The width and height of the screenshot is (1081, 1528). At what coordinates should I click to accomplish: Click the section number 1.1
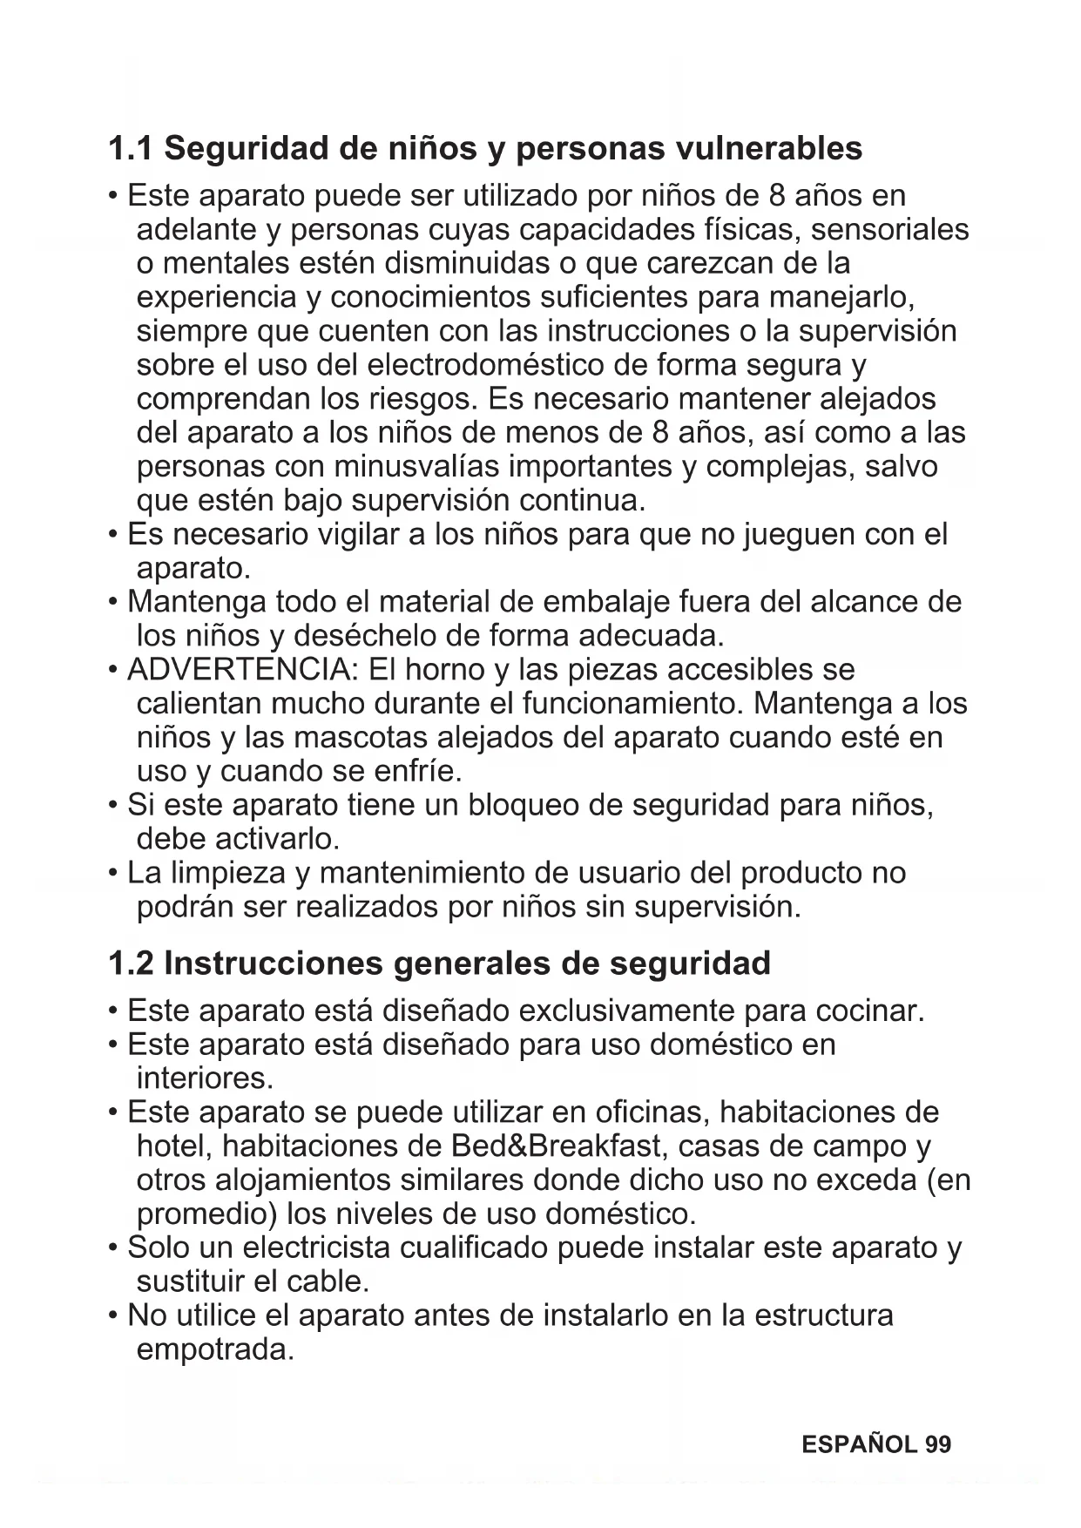pos(131,149)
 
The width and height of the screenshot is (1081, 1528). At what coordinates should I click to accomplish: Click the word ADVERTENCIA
pos(243,670)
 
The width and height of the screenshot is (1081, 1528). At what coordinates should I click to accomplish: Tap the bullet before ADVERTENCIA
pos(113,671)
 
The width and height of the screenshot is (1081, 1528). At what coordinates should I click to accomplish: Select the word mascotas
pos(361,738)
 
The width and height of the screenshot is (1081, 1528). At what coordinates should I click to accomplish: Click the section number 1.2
pos(131,964)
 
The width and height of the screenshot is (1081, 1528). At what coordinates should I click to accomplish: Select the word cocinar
pos(869,1011)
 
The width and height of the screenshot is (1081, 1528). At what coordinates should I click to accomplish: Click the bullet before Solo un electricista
pos(113,1249)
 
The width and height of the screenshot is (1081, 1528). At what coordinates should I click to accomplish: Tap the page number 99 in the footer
pos(938,1445)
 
